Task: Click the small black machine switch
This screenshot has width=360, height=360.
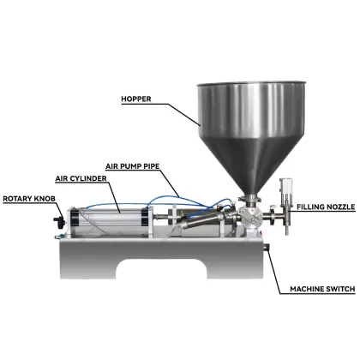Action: click(x=267, y=249)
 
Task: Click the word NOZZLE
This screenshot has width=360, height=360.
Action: click(x=339, y=207)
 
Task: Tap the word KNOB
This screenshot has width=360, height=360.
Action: click(x=46, y=198)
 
